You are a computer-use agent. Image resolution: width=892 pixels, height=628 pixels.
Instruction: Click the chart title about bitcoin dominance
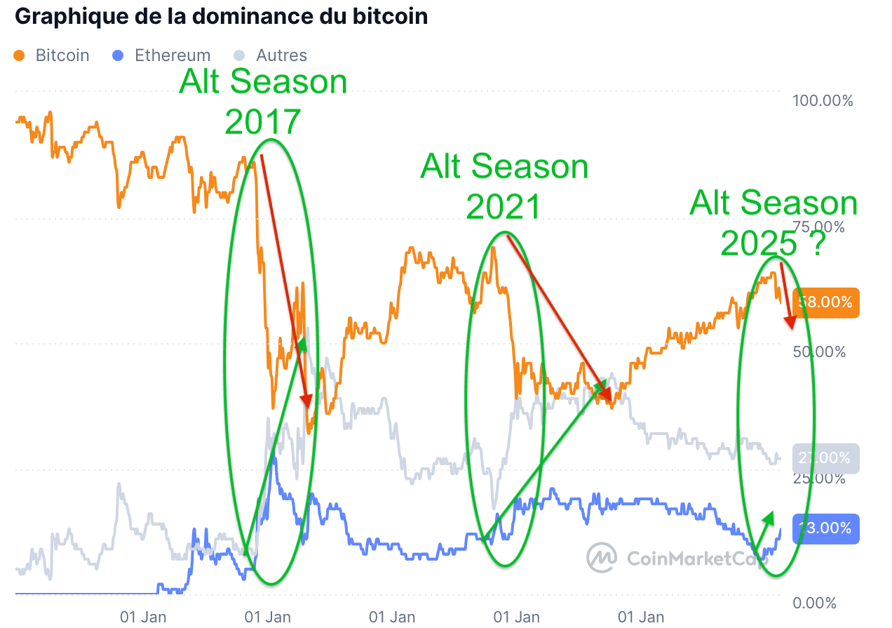221,16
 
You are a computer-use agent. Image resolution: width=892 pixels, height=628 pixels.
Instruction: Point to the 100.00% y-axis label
823,101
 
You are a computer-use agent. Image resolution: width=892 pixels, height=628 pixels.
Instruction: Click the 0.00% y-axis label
813,603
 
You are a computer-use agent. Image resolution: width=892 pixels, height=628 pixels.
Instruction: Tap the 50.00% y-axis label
819,352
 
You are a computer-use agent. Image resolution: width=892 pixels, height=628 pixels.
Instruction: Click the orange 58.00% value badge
825,302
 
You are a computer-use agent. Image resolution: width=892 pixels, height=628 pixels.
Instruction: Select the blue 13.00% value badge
825,528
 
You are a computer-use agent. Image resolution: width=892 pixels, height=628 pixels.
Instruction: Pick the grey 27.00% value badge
825,458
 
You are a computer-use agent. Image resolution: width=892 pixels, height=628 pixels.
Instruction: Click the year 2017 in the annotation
263,122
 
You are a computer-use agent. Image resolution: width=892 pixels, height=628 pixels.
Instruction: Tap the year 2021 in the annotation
504,207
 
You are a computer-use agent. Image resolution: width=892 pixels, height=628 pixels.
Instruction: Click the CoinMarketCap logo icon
602,557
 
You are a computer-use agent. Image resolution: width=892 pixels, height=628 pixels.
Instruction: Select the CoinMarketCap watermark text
694,559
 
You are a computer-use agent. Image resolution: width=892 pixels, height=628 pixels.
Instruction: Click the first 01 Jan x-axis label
143,617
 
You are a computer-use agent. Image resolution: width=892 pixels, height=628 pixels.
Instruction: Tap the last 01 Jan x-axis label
641,617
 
